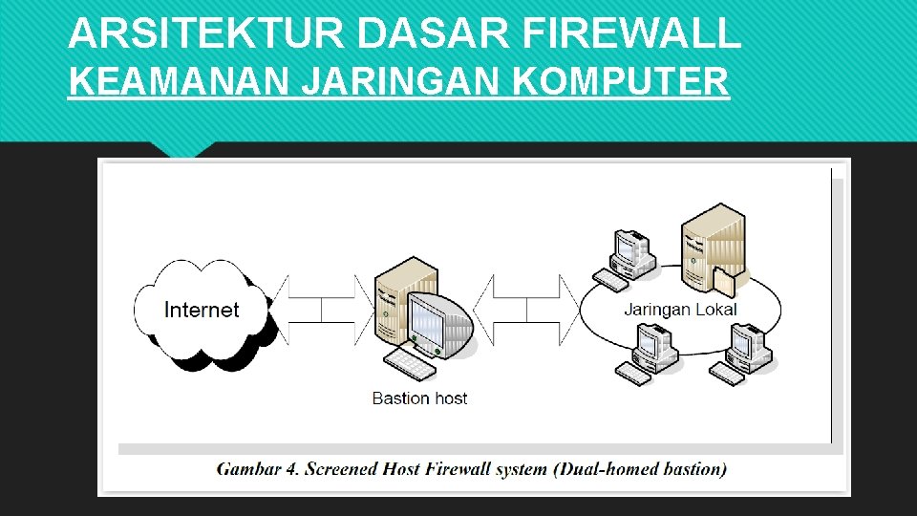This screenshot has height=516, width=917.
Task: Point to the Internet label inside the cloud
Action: [x=202, y=310]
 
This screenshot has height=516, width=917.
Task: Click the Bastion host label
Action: [x=419, y=398]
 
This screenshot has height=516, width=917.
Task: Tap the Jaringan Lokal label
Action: [x=680, y=310]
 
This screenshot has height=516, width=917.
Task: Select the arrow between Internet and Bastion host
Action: [x=322, y=310]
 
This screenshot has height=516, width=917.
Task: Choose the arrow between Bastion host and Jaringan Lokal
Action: [x=527, y=310]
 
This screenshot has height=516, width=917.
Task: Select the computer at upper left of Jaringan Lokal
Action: [x=629, y=256]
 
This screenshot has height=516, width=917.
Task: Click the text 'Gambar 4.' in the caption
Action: [x=256, y=469]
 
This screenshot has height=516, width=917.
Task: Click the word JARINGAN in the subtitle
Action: [x=402, y=83]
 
